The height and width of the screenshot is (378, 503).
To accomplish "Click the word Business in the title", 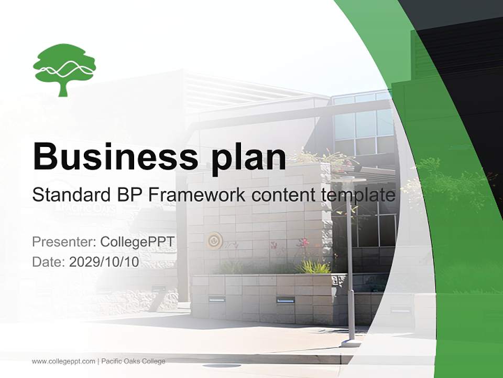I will (x=108, y=156).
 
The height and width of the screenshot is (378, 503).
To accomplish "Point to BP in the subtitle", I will (x=130, y=195).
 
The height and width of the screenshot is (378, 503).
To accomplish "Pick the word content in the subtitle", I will (x=282, y=195).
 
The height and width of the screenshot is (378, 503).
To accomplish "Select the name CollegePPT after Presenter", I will (x=137, y=242).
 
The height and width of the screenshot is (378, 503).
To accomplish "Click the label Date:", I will (x=49, y=262).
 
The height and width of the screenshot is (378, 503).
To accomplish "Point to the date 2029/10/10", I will (x=104, y=262).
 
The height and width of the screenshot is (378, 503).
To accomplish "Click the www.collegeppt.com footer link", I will (x=63, y=361).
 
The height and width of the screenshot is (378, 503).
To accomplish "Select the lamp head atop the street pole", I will (x=348, y=180).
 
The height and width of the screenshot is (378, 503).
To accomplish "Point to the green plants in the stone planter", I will (x=313, y=267).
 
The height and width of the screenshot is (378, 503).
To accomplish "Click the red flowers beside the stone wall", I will (x=303, y=243).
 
